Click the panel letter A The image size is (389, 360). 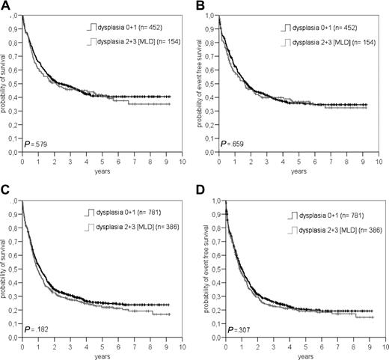tap(6, 6)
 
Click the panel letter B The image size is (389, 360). tap(201, 6)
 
